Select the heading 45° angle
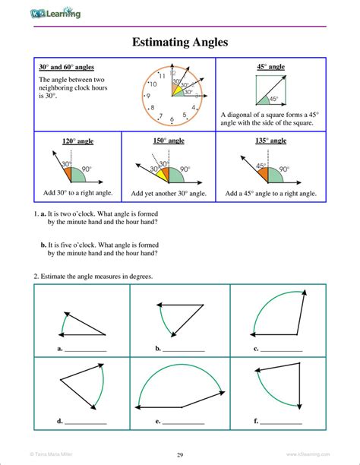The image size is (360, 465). [x=270, y=67]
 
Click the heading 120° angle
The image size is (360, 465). [x=78, y=141]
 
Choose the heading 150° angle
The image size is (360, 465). [x=169, y=141]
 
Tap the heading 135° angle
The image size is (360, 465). [x=270, y=141]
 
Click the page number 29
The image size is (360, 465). [x=180, y=454]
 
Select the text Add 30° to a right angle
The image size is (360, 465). [x=77, y=194]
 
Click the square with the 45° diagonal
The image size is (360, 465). [x=270, y=90]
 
